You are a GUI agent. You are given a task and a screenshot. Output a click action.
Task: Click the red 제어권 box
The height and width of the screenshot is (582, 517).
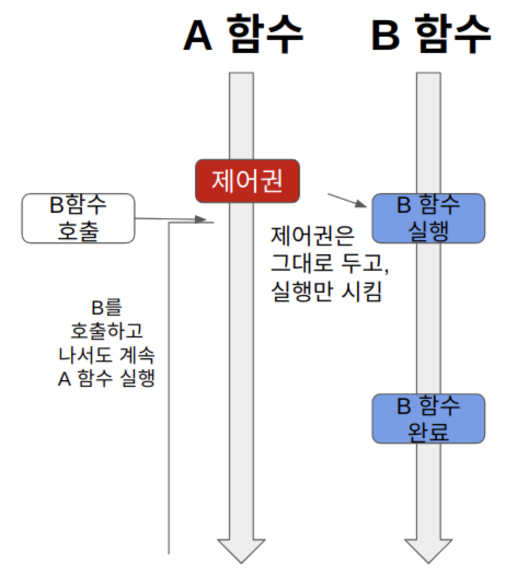pyautogui.click(x=248, y=181)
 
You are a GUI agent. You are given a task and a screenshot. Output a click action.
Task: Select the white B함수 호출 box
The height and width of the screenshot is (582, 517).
pyautogui.click(x=78, y=218)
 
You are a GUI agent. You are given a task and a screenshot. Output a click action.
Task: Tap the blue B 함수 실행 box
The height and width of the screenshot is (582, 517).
pyautogui.click(x=428, y=218)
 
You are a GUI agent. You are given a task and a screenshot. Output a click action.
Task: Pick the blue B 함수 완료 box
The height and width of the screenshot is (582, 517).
pyautogui.click(x=428, y=418)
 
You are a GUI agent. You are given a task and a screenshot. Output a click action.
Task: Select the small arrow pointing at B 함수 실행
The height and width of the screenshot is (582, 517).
pyautogui.click(x=347, y=200)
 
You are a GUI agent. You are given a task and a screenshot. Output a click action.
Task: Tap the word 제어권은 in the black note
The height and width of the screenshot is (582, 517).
pyautogui.click(x=313, y=237)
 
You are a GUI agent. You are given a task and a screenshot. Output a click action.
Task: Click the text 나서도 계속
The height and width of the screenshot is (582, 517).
pyautogui.click(x=107, y=355)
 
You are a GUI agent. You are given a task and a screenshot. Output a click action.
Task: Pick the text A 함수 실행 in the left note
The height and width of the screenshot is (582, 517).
pyautogui.click(x=107, y=379)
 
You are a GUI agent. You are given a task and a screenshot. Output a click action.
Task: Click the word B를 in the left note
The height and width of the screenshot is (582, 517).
pyautogui.click(x=107, y=308)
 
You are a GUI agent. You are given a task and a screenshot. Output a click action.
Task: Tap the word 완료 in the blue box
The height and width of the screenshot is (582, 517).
pyautogui.click(x=428, y=432)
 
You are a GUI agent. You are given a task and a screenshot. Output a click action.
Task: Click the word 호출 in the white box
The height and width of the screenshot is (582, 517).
pyautogui.click(x=78, y=231)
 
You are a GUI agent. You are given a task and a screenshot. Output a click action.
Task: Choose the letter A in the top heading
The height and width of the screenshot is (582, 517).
pyautogui.click(x=198, y=35)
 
